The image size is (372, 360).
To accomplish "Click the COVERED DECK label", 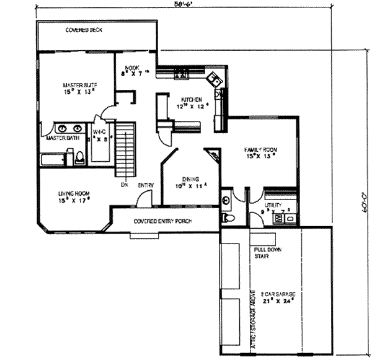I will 84,30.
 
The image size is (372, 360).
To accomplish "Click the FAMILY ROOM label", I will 260,150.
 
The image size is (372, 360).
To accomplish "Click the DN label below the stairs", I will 124,184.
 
